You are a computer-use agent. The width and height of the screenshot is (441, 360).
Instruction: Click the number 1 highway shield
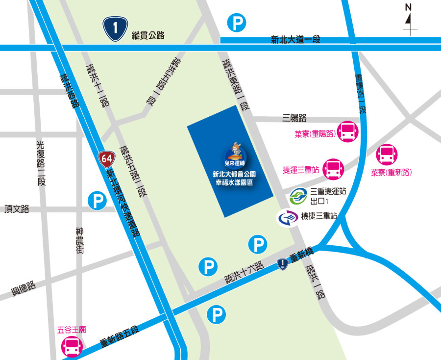pos(115,28)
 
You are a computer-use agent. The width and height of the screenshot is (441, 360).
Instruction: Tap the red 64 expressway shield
pos(106,158)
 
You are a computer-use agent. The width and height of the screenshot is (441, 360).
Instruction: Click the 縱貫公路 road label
pos(148,35)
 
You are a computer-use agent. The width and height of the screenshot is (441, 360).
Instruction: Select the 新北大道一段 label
pos(296,40)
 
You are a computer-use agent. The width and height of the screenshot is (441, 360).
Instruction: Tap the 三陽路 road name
pos(294,118)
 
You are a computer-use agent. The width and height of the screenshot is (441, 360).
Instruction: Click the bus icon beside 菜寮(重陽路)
pos(349,131)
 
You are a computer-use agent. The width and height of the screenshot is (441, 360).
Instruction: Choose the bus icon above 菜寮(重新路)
pos(387,154)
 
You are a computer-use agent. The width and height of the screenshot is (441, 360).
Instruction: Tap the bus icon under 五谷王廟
pos(71,346)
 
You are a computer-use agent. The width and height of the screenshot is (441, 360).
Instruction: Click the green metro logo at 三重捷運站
pos(297,197)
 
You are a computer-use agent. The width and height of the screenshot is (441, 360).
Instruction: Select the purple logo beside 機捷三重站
pos(287,218)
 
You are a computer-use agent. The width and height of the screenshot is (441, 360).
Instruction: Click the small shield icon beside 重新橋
pos(282,265)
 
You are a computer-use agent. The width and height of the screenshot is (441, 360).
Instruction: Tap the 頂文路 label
pos(17,209)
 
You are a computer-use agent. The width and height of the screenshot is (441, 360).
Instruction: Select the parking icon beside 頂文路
pos(97,201)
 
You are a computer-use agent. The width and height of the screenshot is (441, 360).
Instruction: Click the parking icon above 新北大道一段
pos(237,23)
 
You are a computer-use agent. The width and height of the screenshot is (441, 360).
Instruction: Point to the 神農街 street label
pos(80,240)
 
